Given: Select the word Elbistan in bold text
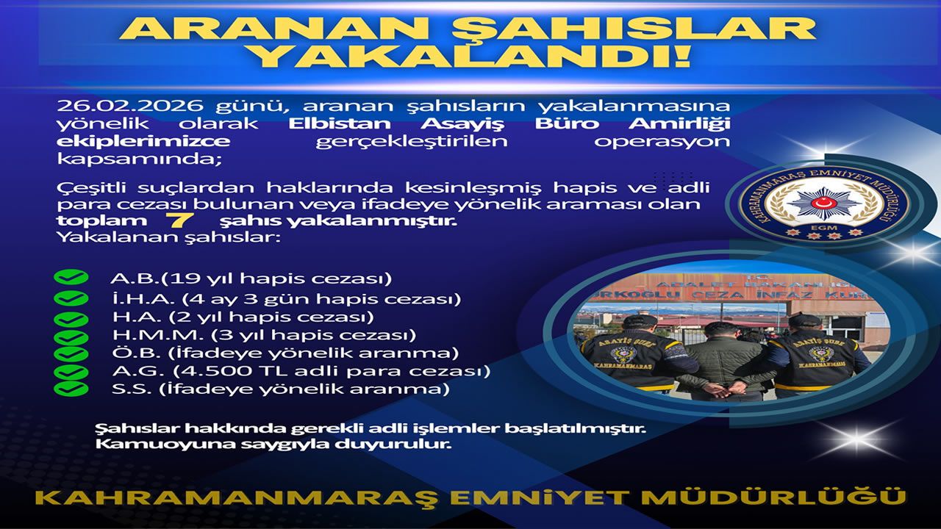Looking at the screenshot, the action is (x=340, y=123).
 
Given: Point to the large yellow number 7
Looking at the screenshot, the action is (x=180, y=220).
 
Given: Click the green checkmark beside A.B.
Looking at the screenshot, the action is (x=71, y=277).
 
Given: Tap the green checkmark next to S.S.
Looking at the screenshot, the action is (x=71, y=389).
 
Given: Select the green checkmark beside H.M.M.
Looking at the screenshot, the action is (x=71, y=337).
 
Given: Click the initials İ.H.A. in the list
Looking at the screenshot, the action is (x=143, y=298).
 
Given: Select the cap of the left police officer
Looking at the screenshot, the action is (x=640, y=322).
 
